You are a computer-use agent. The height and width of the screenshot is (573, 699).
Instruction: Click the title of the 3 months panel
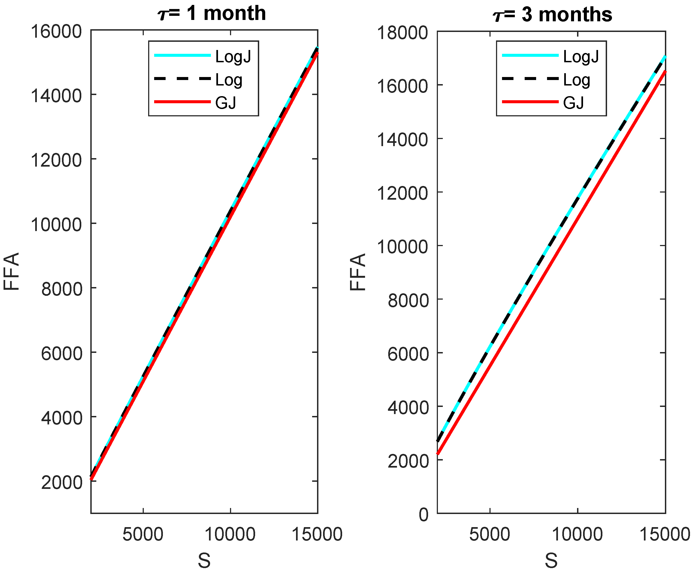(x=552, y=15)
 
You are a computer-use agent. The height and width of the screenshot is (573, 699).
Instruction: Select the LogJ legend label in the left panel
(x=233, y=57)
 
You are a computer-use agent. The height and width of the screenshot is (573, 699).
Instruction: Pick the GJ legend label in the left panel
(x=226, y=103)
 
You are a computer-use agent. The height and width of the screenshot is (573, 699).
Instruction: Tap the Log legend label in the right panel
(x=576, y=80)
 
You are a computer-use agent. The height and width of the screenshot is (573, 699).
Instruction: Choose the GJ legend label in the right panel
(x=573, y=103)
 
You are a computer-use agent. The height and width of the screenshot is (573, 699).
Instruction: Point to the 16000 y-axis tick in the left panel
(x=56, y=32)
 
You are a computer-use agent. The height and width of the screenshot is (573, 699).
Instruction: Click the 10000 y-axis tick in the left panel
(x=56, y=225)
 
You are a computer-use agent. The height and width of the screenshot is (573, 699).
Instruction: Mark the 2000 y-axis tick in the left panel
(x=61, y=483)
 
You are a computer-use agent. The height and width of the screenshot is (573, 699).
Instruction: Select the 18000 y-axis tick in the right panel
(x=402, y=33)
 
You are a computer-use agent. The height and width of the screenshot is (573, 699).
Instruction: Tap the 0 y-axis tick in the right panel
(x=424, y=515)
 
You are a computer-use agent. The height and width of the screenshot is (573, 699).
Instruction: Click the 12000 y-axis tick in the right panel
(x=402, y=193)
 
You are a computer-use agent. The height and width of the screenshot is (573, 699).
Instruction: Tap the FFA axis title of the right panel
(x=358, y=272)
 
